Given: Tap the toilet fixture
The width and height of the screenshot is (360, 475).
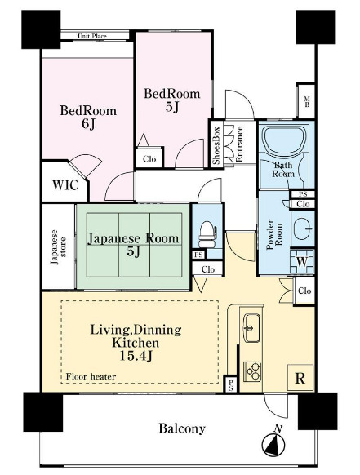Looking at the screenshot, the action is (x=207, y=234).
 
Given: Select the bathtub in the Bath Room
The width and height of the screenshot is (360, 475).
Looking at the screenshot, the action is (x=283, y=140).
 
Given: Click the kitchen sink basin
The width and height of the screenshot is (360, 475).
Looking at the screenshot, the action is (x=252, y=328).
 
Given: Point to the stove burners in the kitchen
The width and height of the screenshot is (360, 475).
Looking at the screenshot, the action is (x=253, y=371).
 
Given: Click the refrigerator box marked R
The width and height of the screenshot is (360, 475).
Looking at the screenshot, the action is (x=300, y=377).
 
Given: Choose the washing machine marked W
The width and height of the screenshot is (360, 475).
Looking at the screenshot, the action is (x=302, y=261).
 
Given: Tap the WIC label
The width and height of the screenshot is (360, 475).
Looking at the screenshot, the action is (x=65, y=184).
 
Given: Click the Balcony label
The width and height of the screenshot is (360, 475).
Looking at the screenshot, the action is (x=182, y=428).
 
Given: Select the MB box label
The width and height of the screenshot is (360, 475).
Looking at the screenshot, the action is (x=307, y=102).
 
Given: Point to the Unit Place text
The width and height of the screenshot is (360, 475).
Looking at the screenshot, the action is (x=92, y=36).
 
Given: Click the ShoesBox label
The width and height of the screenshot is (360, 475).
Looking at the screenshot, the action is (x=216, y=145).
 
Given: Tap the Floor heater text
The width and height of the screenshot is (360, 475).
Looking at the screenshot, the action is (x=91, y=376).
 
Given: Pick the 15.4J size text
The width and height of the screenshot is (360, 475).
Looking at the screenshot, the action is (x=136, y=356).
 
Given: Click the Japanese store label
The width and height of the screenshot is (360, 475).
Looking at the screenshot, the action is (x=59, y=247).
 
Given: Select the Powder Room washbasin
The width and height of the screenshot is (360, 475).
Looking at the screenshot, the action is (x=302, y=228).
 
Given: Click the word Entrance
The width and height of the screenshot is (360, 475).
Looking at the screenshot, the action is (x=239, y=144).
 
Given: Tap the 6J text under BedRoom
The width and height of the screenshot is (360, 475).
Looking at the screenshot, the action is (x=88, y=124).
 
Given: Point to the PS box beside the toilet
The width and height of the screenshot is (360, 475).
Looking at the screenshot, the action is (x=198, y=255).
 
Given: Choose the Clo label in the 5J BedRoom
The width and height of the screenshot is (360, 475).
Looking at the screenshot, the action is (x=149, y=159).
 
